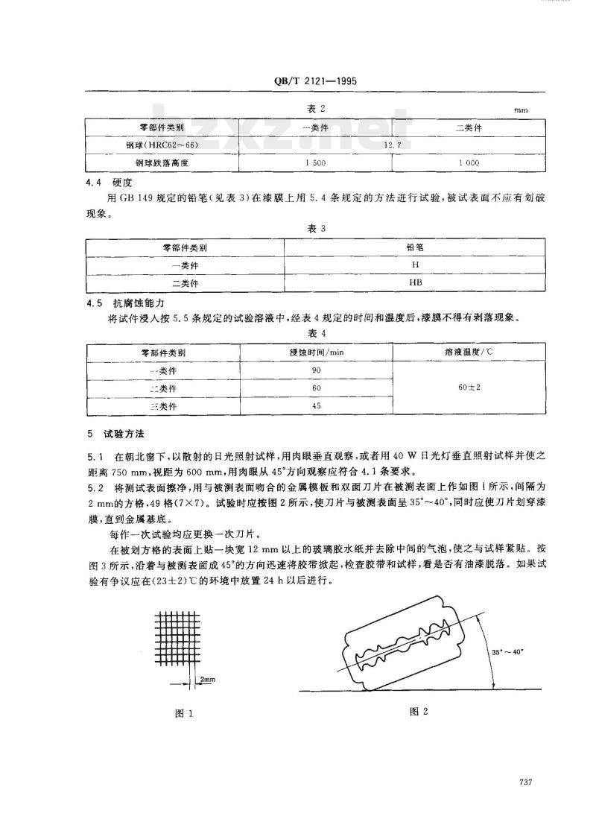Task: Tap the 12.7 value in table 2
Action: (393, 145)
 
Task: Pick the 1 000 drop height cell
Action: (467, 162)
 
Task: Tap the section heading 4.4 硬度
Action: (109, 181)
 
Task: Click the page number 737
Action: (521, 782)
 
